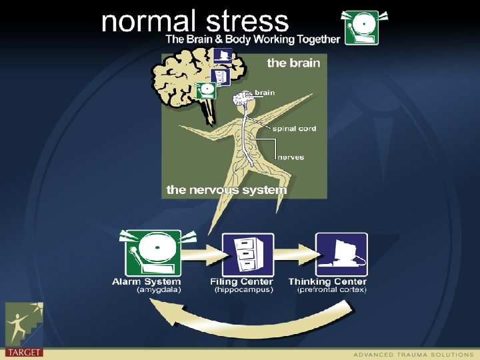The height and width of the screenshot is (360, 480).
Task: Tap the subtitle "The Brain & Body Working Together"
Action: click(253, 39)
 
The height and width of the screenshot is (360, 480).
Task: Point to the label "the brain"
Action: click(293, 63)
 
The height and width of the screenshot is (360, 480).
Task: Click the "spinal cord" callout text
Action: click(294, 128)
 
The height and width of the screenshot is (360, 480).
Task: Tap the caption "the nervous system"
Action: click(227, 190)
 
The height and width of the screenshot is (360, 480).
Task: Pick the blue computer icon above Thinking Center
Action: click(341, 254)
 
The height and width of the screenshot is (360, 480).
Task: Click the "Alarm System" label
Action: click(146, 282)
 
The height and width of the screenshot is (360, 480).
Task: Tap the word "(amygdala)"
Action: click(159, 290)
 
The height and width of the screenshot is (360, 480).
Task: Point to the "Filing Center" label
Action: click(242, 282)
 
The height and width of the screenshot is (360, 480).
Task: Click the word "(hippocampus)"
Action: click(243, 290)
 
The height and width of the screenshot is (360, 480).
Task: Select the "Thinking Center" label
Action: click(327, 282)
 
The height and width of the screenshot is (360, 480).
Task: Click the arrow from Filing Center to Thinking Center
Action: click(294, 254)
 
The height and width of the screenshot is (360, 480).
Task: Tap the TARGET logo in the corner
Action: click(23, 330)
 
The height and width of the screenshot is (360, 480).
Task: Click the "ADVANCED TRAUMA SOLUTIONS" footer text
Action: click(413, 354)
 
